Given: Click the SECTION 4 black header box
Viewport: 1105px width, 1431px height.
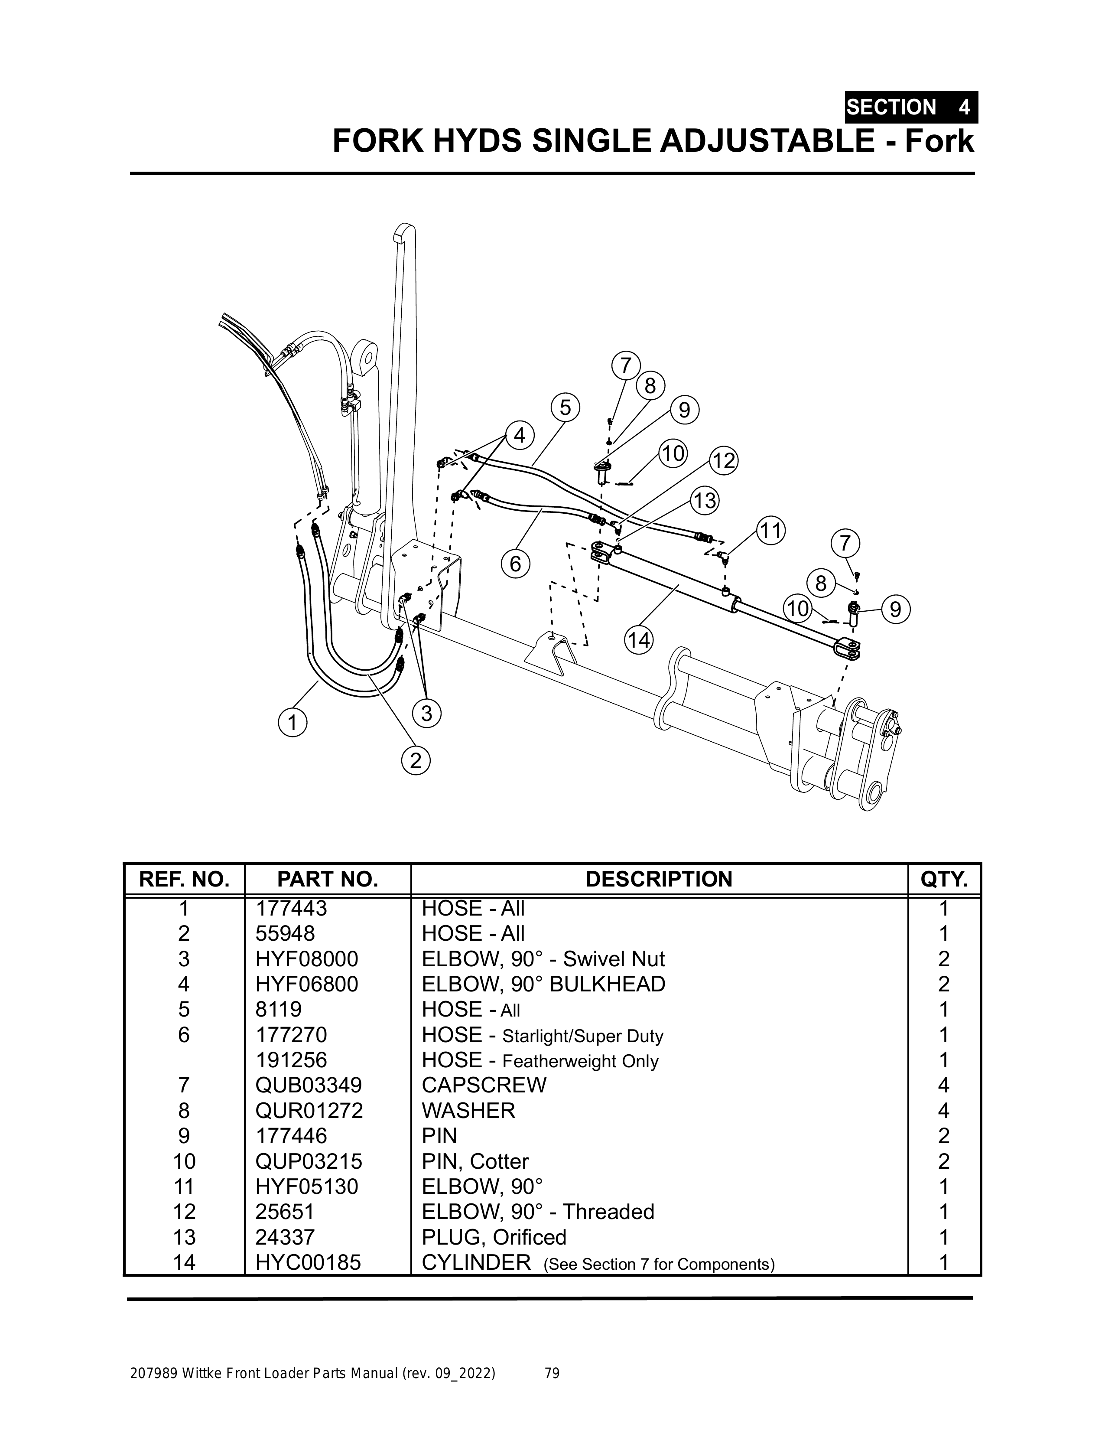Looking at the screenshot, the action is tap(910, 107).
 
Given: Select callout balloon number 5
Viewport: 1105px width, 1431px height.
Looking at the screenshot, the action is tap(565, 407).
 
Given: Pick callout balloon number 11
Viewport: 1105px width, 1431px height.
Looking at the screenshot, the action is tap(771, 531).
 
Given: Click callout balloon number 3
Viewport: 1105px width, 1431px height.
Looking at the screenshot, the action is tap(427, 712).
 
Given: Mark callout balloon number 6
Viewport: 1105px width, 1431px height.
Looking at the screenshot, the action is tap(516, 564).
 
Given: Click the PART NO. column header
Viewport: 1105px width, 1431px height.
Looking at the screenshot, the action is tap(328, 879).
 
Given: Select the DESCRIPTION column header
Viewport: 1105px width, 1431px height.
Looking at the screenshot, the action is tap(659, 879).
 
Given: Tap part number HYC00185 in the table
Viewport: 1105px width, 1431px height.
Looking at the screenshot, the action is tap(308, 1263).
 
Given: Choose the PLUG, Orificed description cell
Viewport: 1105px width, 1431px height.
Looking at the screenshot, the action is tap(494, 1237).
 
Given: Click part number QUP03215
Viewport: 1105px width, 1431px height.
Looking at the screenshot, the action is tap(309, 1161).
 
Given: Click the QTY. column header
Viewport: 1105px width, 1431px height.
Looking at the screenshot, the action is tap(944, 879).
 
